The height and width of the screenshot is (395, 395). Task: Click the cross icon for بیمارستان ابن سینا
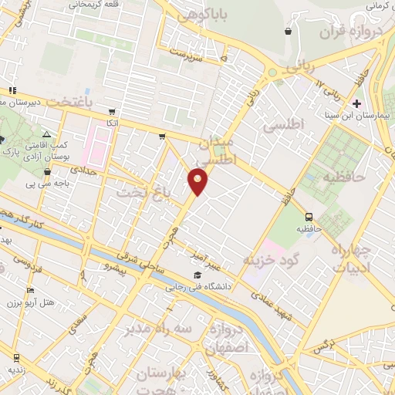(x=356, y=103)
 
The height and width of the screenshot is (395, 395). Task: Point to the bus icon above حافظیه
(x=309, y=217)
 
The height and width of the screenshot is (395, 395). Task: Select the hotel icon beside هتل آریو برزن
(x=30, y=290)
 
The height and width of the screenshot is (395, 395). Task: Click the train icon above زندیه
(x=16, y=357)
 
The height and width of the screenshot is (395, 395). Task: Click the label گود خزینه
(x=271, y=260)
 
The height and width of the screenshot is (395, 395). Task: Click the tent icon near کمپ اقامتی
(x=47, y=134)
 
